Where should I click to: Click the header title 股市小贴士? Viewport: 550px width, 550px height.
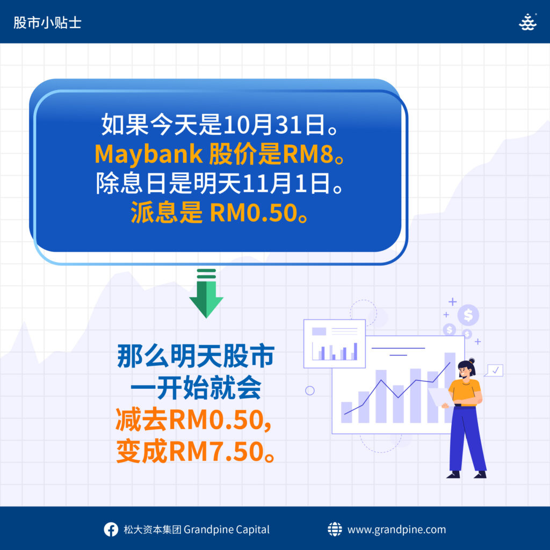click(47, 23)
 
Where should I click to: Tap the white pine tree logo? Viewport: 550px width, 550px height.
click(527, 22)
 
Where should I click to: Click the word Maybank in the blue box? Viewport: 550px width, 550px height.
click(149, 154)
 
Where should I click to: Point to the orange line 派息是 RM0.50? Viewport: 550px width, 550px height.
click(220, 213)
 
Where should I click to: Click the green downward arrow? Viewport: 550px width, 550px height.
click(206, 293)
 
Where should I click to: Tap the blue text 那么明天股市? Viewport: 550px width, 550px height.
click(196, 357)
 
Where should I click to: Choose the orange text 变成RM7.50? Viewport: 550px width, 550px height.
click(196, 451)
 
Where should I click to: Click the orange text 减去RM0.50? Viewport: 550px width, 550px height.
click(193, 420)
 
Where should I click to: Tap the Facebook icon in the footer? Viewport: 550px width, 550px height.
click(111, 529)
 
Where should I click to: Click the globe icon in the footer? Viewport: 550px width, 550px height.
click(335, 529)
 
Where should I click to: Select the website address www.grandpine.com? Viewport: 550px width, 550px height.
click(397, 530)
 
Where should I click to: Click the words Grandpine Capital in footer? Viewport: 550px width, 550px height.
click(227, 530)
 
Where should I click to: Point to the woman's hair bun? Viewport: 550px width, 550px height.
click(472, 360)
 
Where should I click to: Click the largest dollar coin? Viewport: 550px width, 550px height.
click(468, 315)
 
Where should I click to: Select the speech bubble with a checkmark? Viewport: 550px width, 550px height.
click(494, 371)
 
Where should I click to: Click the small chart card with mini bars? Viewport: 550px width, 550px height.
click(334, 344)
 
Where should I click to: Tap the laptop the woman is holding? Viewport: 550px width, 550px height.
click(440, 397)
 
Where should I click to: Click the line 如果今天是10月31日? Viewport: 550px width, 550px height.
click(220, 125)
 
